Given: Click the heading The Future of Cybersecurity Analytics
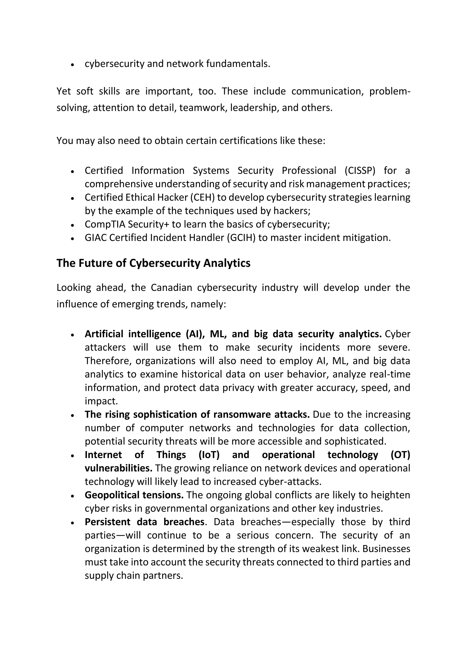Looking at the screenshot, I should pyautogui.click(x=153, y=263).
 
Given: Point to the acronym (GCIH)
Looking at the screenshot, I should pyautogui.click(x=241, y=238).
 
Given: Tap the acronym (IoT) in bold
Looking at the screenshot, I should pyautogui.click(x=209, y=455).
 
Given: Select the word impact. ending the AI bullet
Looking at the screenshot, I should pyautogui.click(x=101, y=401).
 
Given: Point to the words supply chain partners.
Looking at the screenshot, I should pyautogui.click(x=134, y=575).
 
